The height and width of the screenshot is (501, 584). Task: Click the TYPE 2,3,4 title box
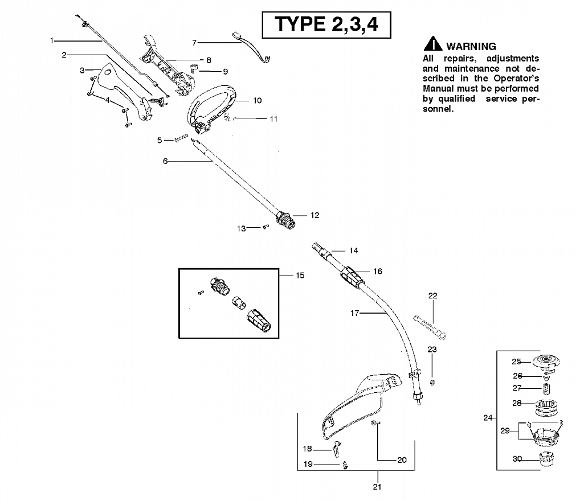[x=326, y=24]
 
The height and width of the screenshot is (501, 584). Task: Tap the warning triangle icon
[x=432, y=44]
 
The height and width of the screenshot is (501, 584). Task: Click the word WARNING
[x=471, y=47]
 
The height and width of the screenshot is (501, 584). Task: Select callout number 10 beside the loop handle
[x=257, y=101]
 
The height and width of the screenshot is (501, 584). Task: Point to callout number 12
[x=315, y=215]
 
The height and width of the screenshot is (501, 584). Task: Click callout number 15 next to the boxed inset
[x=300, y=276]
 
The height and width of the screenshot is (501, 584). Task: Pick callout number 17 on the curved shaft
[x=354, y=313]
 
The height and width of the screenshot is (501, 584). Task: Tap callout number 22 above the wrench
[x=432, y=295]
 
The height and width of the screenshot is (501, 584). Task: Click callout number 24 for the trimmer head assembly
[x=487, y=418]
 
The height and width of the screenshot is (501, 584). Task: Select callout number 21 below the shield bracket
[x=377, y=487]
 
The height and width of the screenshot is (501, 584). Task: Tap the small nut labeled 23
[x=433, y=380]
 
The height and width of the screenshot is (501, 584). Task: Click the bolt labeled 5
[x=181, y=138]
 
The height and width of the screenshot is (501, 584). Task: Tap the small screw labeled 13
[x=265, y=228]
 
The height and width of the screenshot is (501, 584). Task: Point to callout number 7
[x=194, y=43]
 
